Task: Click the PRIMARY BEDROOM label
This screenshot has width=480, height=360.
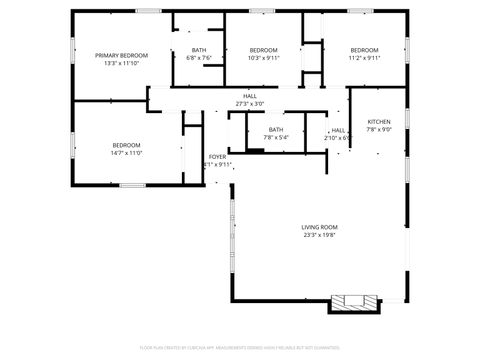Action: [121, 55]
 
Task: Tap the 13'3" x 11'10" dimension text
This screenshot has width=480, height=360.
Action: [121, 63]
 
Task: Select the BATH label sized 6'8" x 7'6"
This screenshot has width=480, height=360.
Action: [199, 50]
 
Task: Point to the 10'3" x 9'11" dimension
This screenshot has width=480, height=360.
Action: [263, 58]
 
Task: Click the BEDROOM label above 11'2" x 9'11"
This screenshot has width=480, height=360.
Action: [364, 50]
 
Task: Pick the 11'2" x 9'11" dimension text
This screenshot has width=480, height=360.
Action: [364, 58]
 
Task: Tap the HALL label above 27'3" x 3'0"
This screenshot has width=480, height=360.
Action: [249, 96]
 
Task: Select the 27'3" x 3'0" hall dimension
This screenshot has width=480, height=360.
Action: [249, 104]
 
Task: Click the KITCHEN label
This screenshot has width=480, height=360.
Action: [378, 121]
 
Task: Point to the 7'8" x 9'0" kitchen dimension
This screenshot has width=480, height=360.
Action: [378, 129]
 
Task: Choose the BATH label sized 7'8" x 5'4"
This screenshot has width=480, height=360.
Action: [275, 129]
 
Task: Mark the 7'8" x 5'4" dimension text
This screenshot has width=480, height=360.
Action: [275, 137]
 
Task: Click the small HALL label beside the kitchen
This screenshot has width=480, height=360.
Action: [339, 130]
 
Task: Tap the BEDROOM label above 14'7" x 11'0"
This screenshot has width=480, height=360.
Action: [126, 145]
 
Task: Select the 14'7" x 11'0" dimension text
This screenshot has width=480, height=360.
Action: [126, 153]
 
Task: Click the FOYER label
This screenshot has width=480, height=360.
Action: [217, 157]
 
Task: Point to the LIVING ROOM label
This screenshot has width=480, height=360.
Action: [320, 227]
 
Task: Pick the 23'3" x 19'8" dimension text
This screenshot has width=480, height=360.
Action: [320, 235]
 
